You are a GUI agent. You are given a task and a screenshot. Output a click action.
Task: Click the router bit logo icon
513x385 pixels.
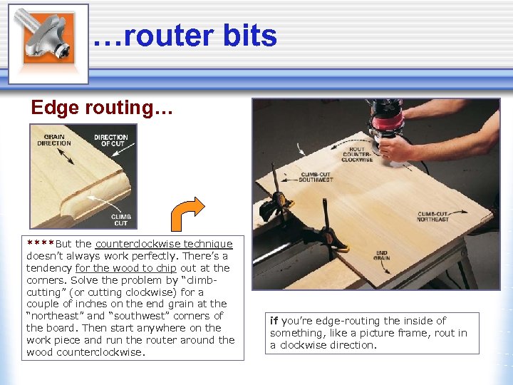pyautogui.click(x=48, y=44)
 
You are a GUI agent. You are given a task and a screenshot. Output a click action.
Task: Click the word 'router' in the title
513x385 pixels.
pyautogui.click(x=169, y=36)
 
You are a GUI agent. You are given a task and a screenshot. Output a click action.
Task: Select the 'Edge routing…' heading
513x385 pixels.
pyautogui.click(x=102, y=108)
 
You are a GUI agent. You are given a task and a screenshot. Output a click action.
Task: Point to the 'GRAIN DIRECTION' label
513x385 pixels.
pyautogui.click(x=54, y=140)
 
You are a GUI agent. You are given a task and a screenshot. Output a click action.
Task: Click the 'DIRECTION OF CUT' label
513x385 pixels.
pyautogui.click(x=111, y=140)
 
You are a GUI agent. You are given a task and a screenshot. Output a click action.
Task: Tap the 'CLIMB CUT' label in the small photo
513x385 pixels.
pyautogui.click(x=120, y=220)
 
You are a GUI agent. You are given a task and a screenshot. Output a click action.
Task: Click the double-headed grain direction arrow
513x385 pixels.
pyautogui.click(x=66, y=156)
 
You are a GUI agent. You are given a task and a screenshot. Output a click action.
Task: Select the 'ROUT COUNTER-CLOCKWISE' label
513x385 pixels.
pyautogui.click(x=357, y=154)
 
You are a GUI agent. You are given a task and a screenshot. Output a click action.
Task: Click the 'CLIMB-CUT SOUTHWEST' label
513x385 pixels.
pyautogui.click(x=316, y=177)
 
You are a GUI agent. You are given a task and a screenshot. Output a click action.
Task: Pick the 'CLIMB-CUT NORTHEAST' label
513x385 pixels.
pyautogui.click(x=432, y=217)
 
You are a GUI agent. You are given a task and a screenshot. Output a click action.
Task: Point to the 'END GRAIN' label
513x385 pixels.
pyautogui.click(x=381, y=255)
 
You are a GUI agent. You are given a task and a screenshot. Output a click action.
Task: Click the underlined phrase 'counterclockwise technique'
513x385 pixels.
pyautogui.click(x=164, y=244)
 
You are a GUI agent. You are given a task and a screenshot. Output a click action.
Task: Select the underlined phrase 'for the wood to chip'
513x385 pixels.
pyautogui.click(x=125, y=268)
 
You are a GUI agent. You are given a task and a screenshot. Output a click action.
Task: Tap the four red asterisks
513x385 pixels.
pyautogui.click(x=40, y=243)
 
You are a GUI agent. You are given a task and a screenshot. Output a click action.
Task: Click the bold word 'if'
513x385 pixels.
pyautogui.click(x=274, y=321)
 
